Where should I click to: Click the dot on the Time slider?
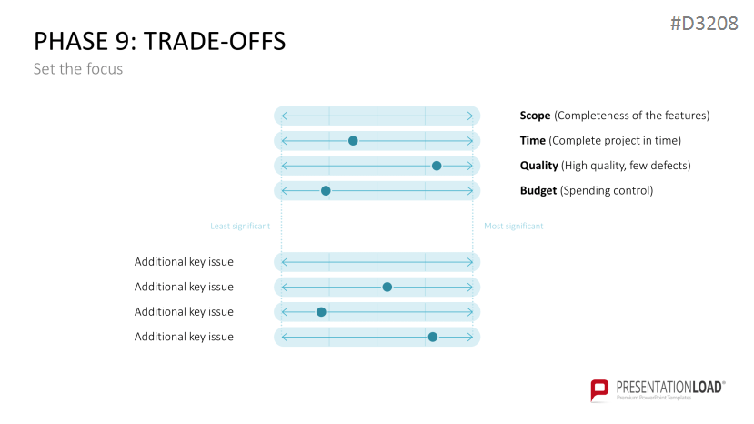pos(353,141)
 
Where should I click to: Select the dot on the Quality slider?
pos(437,166)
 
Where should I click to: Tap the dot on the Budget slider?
pos(326,191)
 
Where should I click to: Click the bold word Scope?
pos(535,116)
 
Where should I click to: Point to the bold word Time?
pos(533,140)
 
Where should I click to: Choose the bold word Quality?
pos(539,166)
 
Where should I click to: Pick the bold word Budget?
pos(538,190)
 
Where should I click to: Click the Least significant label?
pos(240,227)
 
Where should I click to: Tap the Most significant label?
pos(514,227)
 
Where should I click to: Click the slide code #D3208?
pos(704,24)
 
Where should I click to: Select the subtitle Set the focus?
pos(78,69)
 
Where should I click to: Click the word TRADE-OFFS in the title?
pos(215,41)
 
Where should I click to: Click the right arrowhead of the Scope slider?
pos(470,116)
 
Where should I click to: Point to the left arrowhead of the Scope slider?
pos(285,116)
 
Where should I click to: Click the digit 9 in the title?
pos(123,41)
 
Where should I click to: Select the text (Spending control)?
pos(607,190)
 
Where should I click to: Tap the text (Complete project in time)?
pos(615,140)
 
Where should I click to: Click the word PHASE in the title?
pos(72,41)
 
